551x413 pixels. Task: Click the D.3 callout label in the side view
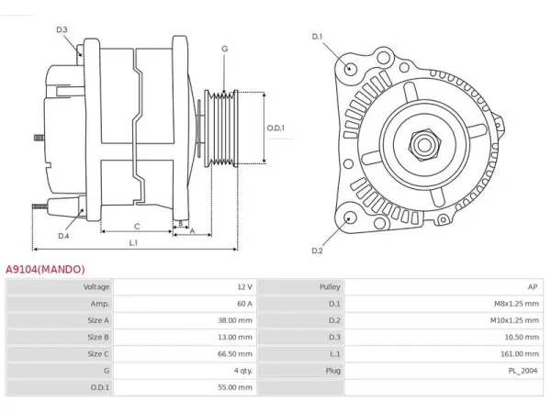[62, 29]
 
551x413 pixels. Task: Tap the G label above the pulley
[225, 49]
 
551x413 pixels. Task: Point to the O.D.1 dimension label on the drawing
[275, 128]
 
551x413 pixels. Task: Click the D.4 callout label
[63, 236]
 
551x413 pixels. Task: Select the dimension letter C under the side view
[137, 227]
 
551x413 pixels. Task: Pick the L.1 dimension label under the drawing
[133, 242]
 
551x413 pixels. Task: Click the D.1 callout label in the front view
[317, 37]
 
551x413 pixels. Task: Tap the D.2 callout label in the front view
[317, 251]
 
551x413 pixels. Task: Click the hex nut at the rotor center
[424, 145]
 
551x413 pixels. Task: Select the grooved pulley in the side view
[221, 128]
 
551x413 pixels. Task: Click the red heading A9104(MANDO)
[45, 269]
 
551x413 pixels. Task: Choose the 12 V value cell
[244, 287]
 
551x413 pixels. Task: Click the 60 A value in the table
[244, 304]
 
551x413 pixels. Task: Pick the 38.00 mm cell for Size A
[235, 320]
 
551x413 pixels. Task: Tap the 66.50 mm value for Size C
[235, 353]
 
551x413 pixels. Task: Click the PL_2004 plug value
[523, 371]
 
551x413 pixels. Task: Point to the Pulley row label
[330, 287]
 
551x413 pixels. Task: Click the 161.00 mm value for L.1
[520, 353]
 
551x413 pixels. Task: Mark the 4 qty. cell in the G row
[243, 371]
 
